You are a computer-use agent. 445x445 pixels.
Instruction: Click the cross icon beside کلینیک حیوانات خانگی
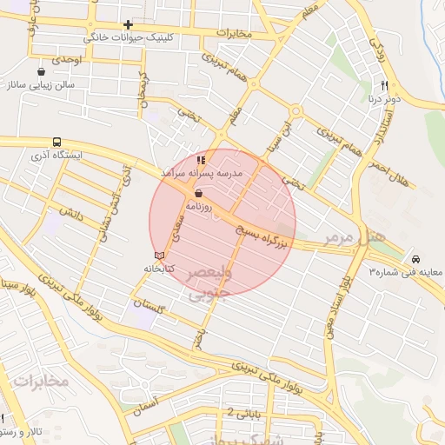coord(128,24)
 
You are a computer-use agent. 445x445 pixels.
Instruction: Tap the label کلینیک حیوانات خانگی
coord(129,38)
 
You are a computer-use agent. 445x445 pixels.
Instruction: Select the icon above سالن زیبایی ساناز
coord(43,71)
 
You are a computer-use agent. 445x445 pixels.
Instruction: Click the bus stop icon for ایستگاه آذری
coord(56,142)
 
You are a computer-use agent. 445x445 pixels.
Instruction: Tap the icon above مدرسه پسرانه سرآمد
coord(201,160)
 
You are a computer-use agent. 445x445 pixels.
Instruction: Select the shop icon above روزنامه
coord(200,194)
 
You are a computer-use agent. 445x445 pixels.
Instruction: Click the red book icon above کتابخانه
coord(158,254)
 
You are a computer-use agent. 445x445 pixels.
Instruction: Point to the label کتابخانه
coord(159,268)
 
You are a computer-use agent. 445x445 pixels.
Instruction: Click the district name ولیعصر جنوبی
coord(209,283)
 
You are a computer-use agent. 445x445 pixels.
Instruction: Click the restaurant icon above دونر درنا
coord(384,85)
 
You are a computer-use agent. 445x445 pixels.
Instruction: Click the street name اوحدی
coord(64,60)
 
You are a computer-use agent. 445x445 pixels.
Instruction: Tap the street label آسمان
coord(141,404)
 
